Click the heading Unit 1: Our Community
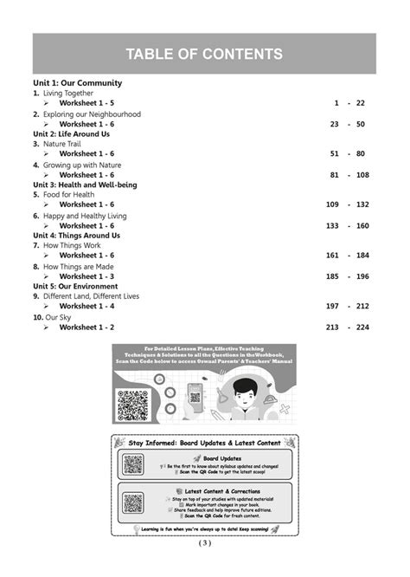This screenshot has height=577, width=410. (x=77, y=83)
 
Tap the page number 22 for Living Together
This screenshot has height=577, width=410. (x=361, y=103)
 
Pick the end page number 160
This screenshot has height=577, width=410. (x=362, y=225)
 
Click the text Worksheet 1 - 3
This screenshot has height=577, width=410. (x=86, y=276)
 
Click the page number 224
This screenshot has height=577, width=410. (x=362, y=327)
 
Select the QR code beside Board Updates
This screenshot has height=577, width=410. (x=133, y=464)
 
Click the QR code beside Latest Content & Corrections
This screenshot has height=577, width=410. (x=133, y=502)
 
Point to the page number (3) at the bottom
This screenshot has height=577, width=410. (x=204, y=543)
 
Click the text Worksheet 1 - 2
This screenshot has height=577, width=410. (x=86, y=327)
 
